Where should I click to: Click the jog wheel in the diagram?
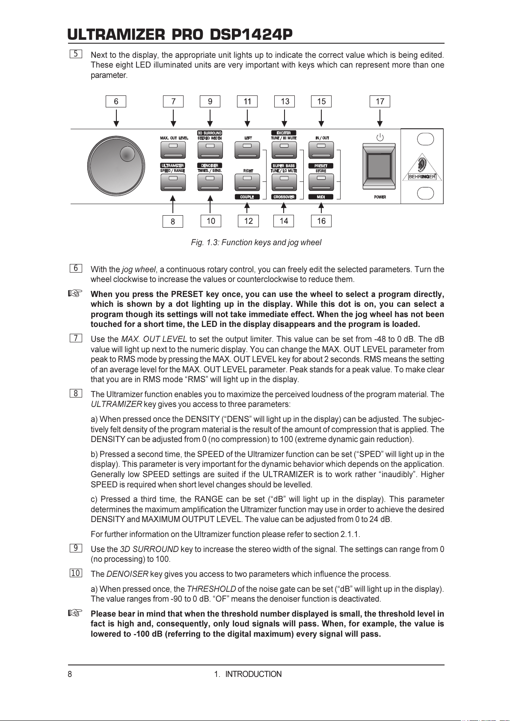(x=116, y=166)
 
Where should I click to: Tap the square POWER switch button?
(x=379, y=166)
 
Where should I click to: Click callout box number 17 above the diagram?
(x=380, y=101)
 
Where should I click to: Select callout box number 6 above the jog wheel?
(x=116, y=101)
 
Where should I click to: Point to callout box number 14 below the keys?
(x=284, y=221)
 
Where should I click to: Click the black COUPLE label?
(x=247, y=197)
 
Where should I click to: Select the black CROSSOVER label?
(x=284, y=197)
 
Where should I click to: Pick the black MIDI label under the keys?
(x=321, y=197)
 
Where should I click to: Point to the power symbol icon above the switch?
(x=380, y=137)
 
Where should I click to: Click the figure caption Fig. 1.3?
(x=256, y=243)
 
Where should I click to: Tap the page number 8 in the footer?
(x=70, y=674)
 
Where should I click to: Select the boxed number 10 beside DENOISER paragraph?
(x=75, y=573)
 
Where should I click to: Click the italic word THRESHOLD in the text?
(x=211, y=589)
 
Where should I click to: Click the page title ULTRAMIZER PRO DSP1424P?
(x=180, y=34)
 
